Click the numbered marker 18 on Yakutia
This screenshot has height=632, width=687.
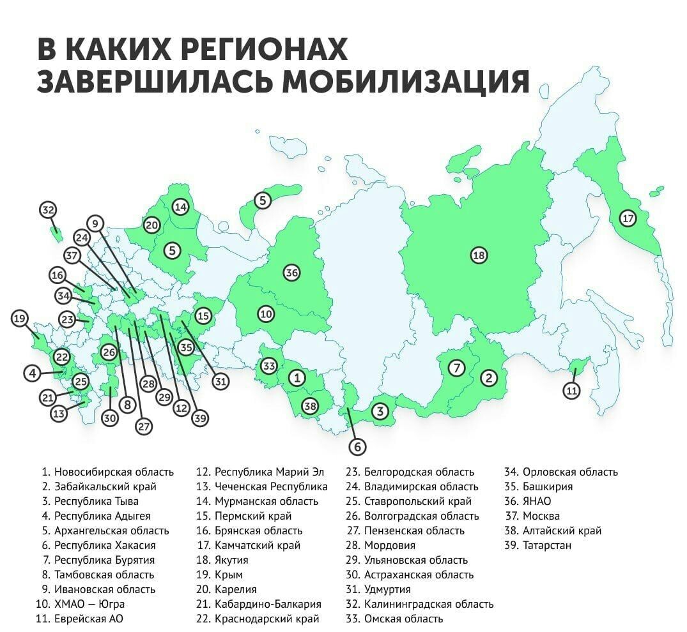[479, 256]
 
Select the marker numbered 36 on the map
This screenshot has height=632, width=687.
[291, 273]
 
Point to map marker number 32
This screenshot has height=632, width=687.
[48, 210]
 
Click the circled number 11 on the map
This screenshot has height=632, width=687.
[571, 390]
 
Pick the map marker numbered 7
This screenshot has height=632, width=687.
[456, 368]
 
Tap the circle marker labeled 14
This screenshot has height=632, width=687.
[181, 207]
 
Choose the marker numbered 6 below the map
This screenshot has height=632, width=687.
[357, 446]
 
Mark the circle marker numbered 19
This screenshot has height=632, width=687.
[20, 318]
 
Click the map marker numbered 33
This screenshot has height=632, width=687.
[269, 366]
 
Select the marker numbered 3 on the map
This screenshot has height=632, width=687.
[380, 411]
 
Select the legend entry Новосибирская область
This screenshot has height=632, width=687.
[114, 472]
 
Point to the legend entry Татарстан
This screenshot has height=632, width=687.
[546, 546]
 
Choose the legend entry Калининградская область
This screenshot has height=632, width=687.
[429, 604]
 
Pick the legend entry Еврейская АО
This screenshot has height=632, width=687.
[89, 619]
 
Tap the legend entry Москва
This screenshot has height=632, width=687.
[541, 516]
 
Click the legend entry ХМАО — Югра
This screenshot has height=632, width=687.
[89, 604]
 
